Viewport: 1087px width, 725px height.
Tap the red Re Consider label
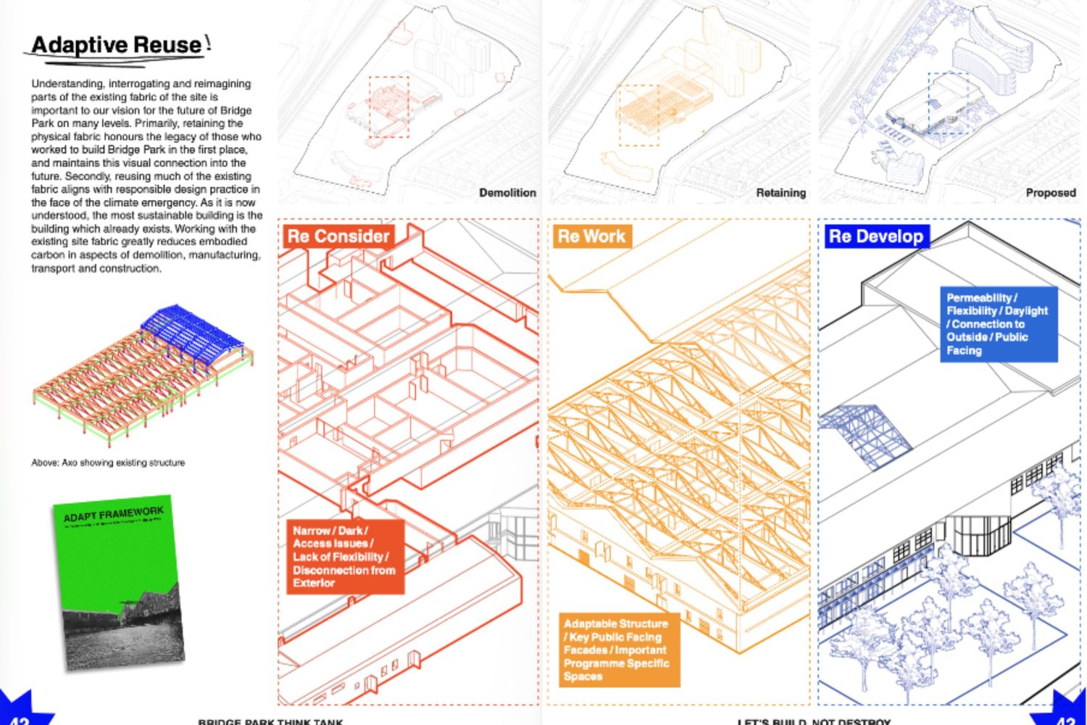tap(338, 236)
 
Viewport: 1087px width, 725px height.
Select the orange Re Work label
tap(591, 236)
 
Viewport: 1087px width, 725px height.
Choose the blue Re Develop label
tap(876, 236)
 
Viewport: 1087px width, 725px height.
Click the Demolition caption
tap(507, 193)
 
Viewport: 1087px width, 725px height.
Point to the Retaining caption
tap(780, 193)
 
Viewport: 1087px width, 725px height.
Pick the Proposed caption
tap(1050, 193)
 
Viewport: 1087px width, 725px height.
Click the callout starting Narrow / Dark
tap(344, 556)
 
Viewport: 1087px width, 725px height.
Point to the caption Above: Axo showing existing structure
tap(108, 463)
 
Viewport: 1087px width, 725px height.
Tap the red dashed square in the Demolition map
tap(389, 107)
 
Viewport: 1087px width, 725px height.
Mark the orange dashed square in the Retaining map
tap(638, 115)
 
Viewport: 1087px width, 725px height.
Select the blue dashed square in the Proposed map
tap(948, 101)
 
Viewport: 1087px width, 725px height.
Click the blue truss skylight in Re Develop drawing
tap(865, 435)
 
